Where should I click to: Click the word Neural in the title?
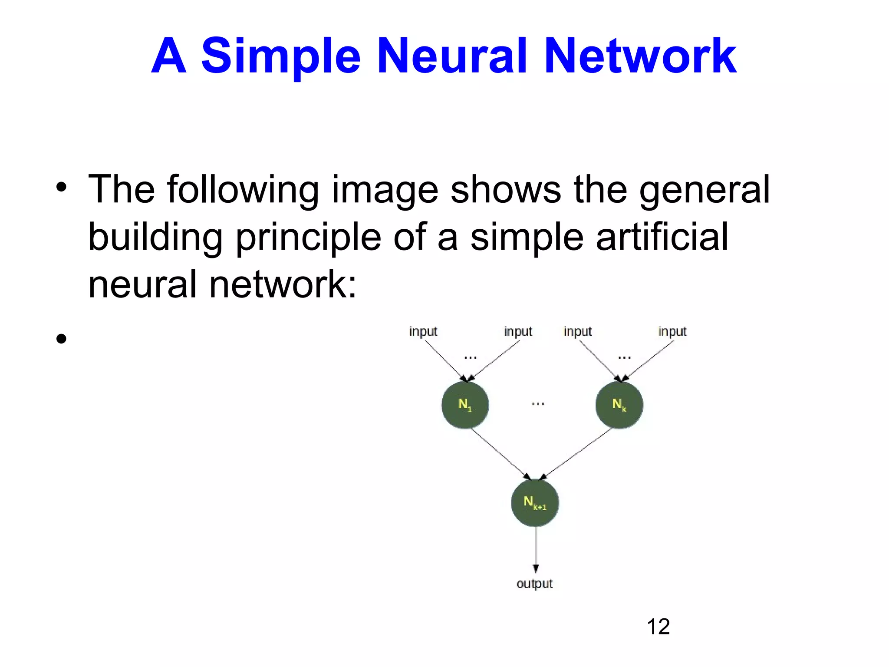pyautogui.click(x=452, y=56)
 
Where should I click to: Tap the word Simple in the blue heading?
pyautogui.click(x=281, y=56)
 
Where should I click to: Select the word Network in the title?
pyautogui.click(x=639, y=56)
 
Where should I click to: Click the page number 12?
pyautogui.click(x=658, y=627)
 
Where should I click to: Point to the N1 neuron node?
pyautogui.click(x=465, y=405)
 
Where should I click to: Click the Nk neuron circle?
pyautogui.click(x=619, y=405)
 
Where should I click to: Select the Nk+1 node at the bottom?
pyautogui.click(x=535, y=503)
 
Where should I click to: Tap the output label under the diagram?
pyautogui.click(x=534, y=584)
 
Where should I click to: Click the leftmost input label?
pyautogui.click(x=423, y=332)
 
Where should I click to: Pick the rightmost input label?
pyautogui.click(x=672, y=332)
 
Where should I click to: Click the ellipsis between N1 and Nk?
pyautogui.click(x=538, y=404)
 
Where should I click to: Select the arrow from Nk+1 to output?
pyautogui.click(x=536, y=549)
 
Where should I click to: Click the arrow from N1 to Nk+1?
pyautogui.click(x=500, y=454)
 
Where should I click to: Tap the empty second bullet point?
pyautogui.click(x=61, y=339)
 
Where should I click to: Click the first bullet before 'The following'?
pyautogui.click(x=61, y=188)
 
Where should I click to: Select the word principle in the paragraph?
pyautogui.click(x=308, y=237)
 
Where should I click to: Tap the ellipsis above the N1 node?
pyautogui.click(x=471, y=358)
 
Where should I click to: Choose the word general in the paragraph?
pyautogui.click(x=704, y=189)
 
